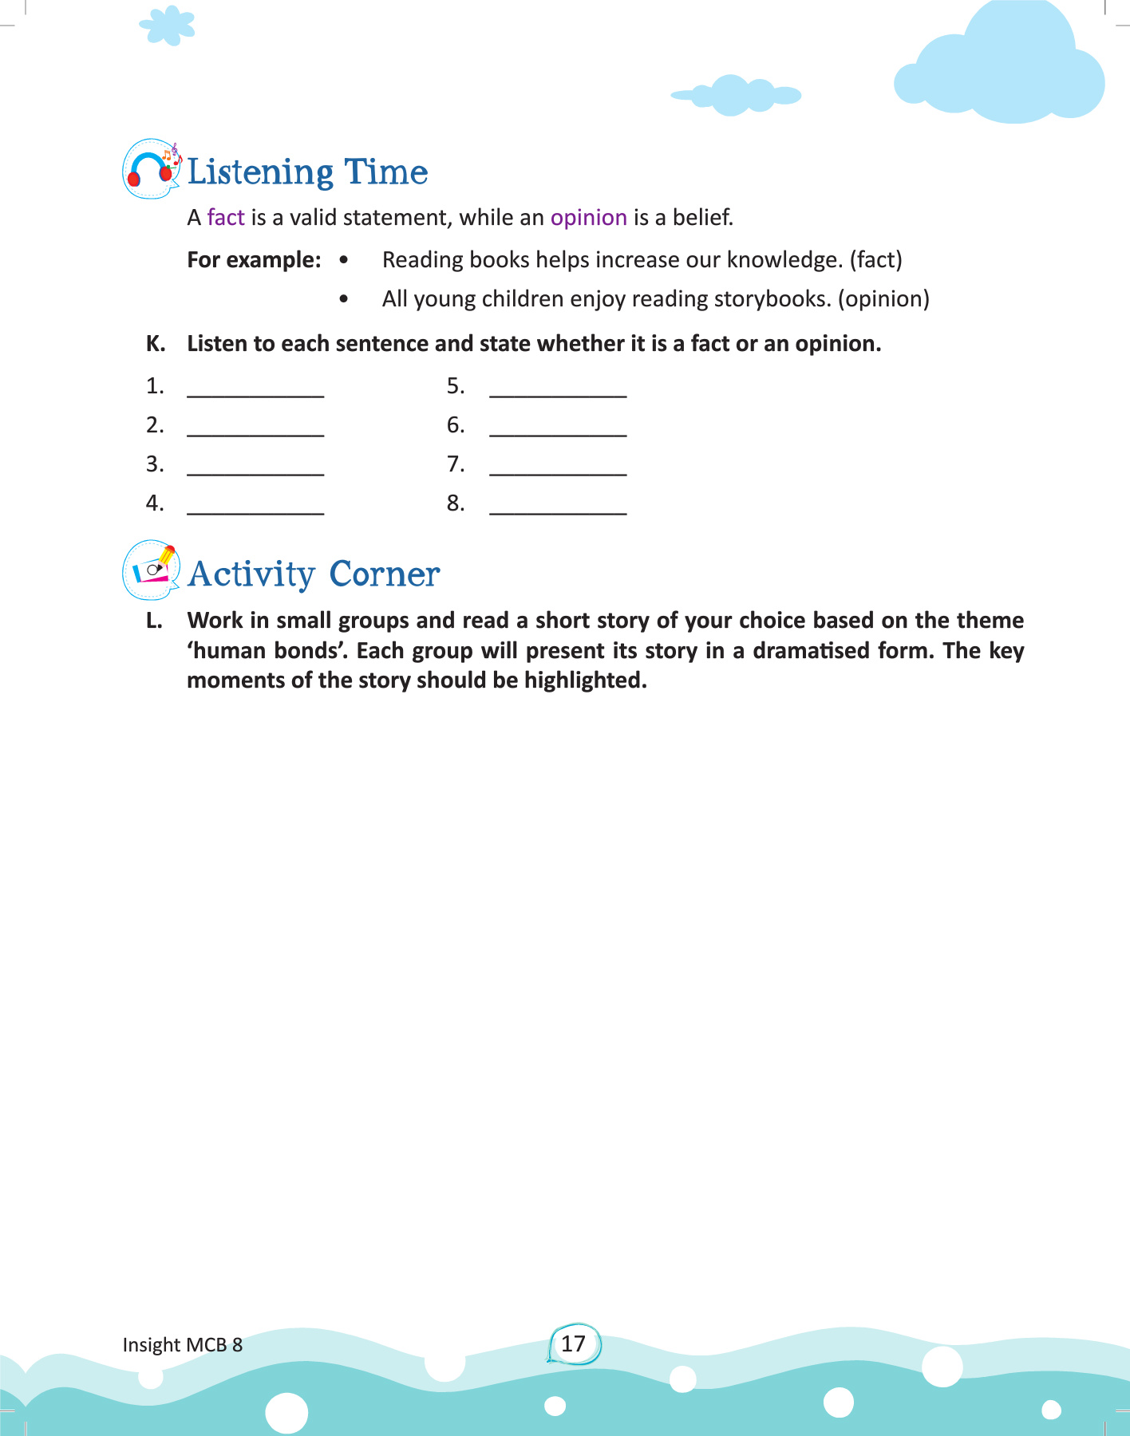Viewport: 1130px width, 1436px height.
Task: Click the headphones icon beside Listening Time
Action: pos(151,169)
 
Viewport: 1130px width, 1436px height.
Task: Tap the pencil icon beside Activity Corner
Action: pos(152,570)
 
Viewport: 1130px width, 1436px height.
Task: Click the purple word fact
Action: pos(226,218)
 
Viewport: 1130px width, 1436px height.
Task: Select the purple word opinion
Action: pos(589,218)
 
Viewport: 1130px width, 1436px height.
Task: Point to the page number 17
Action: pos(573,1343)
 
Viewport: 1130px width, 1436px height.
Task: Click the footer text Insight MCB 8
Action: pos(183,1345)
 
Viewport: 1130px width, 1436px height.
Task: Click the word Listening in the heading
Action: pos(261,172)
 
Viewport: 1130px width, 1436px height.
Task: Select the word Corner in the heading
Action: pos(384,574)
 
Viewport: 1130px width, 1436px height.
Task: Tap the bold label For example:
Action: pos(254,260)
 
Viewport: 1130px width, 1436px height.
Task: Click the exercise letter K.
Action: pos(156,344)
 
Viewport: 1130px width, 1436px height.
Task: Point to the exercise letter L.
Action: pos(154,621)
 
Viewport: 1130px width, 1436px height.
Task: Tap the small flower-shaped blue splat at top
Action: pos(168,26)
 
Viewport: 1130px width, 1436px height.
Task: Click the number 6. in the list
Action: pos(456,425)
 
